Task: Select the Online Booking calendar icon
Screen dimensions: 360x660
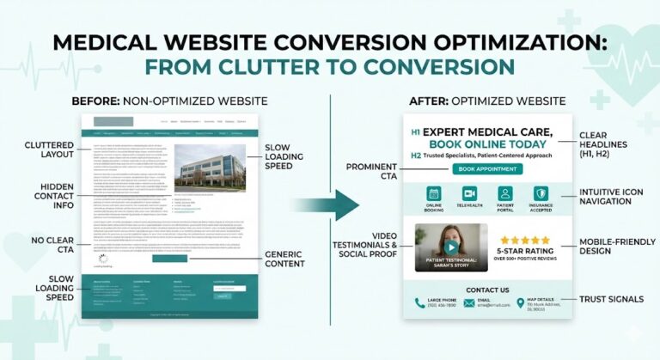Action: point(434,194)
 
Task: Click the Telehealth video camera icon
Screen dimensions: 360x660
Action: point(469,194)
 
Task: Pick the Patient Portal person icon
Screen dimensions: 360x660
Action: point(504,194)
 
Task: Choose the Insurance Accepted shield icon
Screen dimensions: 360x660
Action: point(541,194)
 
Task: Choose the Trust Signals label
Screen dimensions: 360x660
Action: point(610,299)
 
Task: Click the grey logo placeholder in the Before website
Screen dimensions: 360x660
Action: point(113,121)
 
